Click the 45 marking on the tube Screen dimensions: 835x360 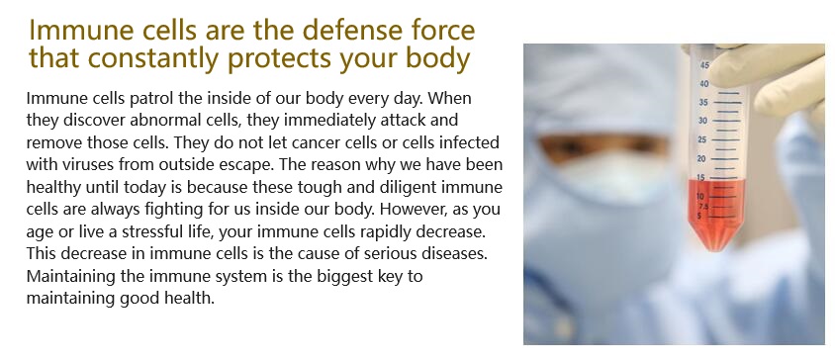coord(704,65)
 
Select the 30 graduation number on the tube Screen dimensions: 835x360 coord(703,121)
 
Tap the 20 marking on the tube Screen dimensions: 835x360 coord(701,158)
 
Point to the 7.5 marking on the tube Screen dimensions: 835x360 coord(703,207)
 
